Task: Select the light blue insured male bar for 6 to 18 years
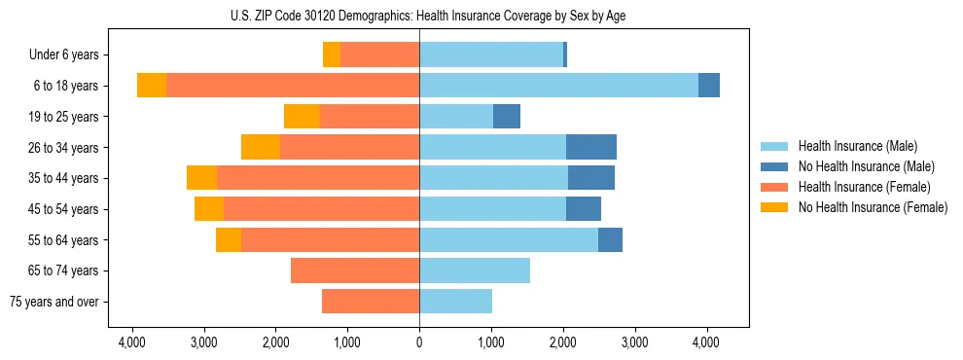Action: (x=558, y=86)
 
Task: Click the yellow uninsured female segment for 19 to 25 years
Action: (x=302, y=117)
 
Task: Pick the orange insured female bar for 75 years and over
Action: (x=371, y=302)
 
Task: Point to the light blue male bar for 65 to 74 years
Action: (x=475, y=270)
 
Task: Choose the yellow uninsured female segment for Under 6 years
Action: (x=332, y=55)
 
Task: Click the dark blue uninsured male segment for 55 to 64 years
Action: (x=610, y=239)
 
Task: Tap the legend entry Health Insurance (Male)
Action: (x=857, y=146)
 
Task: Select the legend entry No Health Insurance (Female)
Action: (x=873, y=207)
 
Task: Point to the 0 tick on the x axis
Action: (x=419, y=342)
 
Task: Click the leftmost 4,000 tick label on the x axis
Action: (x=132, y=342)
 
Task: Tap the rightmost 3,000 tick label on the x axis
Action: (x=634, y=342)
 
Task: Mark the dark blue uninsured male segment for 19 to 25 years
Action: (x=507, y=117)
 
